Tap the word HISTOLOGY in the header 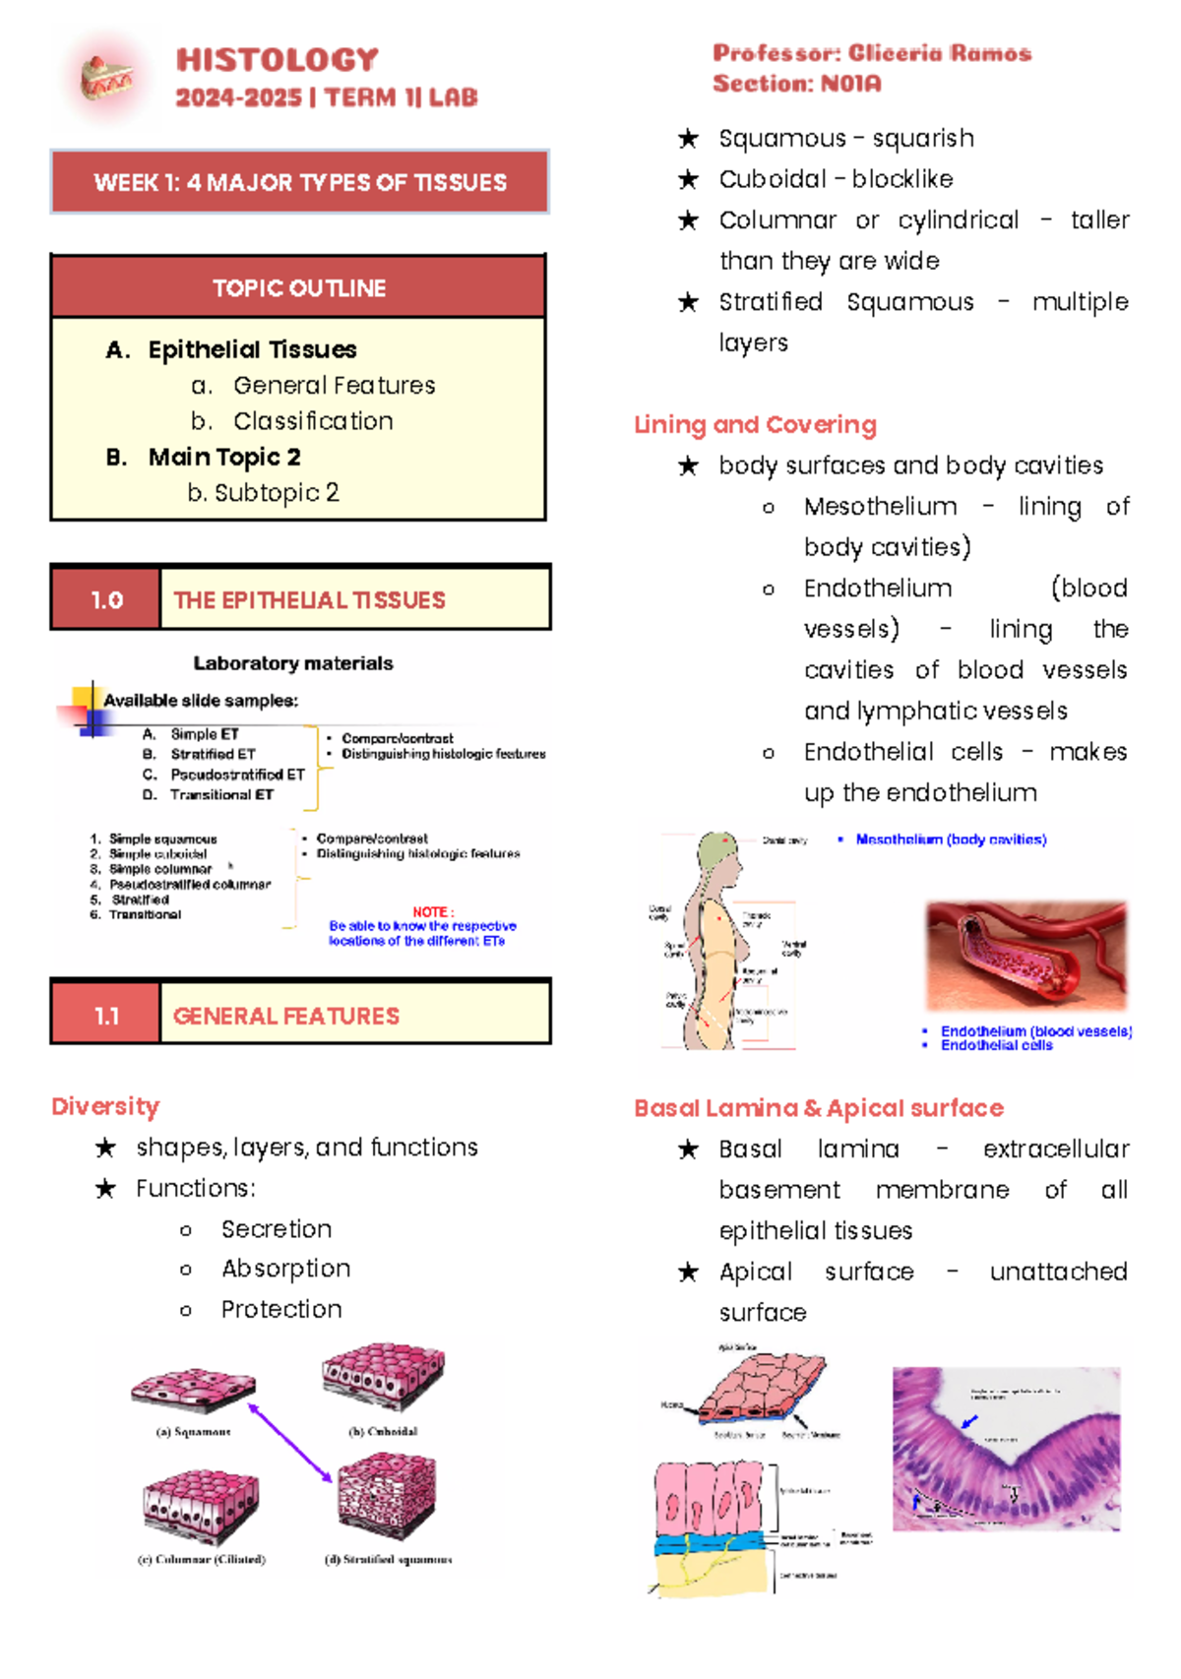point(277,60)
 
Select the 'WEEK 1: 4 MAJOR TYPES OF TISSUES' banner point(299,182)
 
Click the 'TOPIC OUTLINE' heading point(299,288)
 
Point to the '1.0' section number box point(106,599)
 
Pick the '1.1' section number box point(106,1016)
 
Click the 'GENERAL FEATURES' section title point(285,1016)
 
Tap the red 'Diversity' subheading point(105,1106)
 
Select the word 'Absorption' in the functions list point(285,1269)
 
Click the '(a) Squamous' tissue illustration point(194,1391)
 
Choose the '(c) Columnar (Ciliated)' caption point(202,1559)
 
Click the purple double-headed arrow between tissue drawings point(290,1443)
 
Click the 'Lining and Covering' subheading point(755,424)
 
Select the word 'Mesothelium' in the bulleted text point(880,506)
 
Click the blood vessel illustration point(1026,956)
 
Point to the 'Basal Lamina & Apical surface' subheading point(818,1108)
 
